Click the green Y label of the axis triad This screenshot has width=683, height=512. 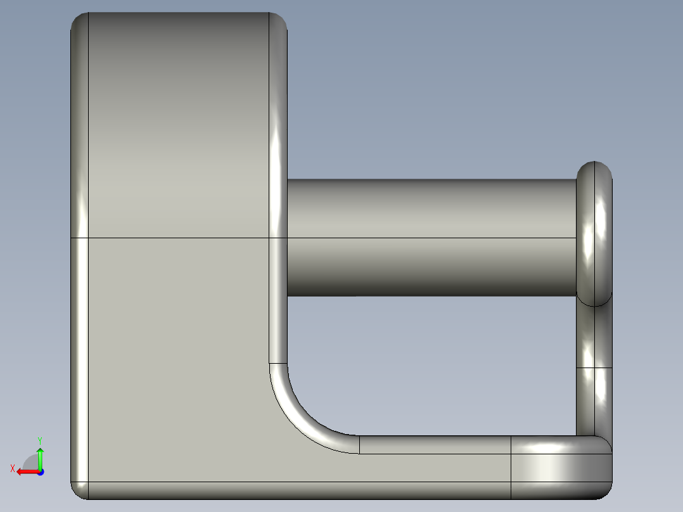(x=39, y=440)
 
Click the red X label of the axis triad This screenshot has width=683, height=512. (x=12, y=469)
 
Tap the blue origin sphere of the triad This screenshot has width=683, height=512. (x=39, y=471)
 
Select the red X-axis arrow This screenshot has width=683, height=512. (x=25, y=471)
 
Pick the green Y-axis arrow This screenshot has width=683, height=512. (x=40, y=458)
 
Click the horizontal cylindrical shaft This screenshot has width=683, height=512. (x=431, y=238)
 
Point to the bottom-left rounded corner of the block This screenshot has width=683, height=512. (x=79, y=490)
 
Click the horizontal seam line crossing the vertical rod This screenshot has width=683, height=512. (x=594, y=368)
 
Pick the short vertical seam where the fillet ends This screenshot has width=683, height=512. (x=359, y=445)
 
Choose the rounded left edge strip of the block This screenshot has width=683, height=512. (x=79, y=253)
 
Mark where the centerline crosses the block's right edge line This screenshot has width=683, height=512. (x=270, y=238)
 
